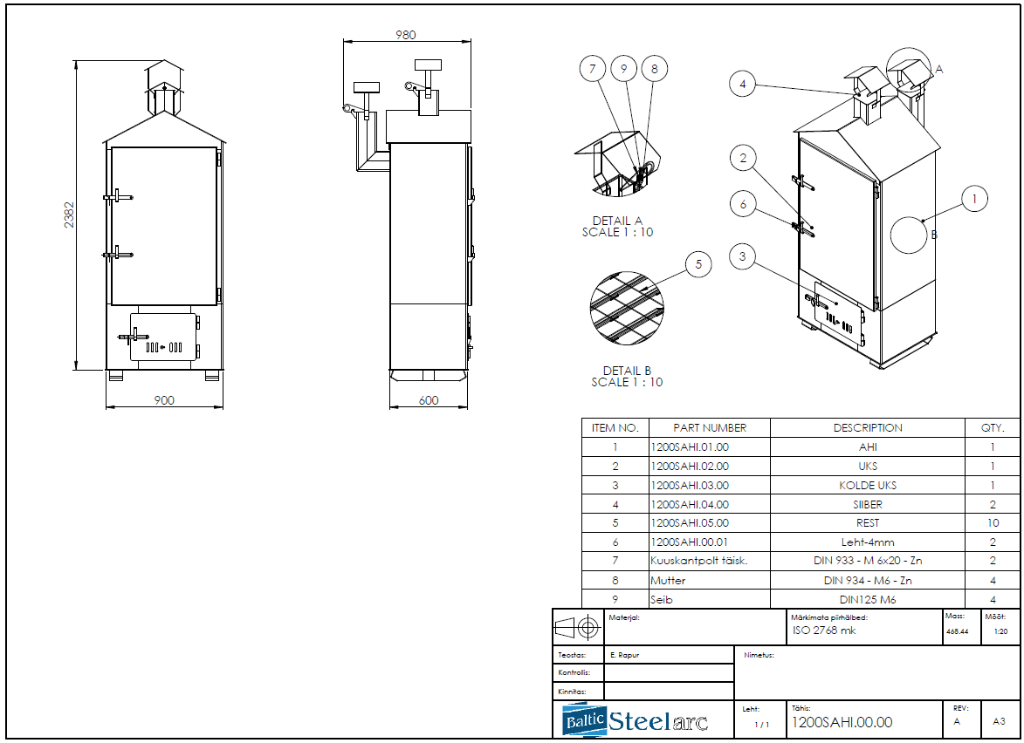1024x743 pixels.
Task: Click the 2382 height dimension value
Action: click(70, 215)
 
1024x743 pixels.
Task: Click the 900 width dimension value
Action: click(164, 400)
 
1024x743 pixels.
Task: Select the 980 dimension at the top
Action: click(406, 35)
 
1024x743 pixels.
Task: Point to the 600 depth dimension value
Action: click(429, 400)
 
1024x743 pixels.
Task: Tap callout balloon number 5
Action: click(698, 265)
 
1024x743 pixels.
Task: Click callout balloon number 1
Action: click(975, 199)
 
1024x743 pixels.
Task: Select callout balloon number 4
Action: click(743, 84)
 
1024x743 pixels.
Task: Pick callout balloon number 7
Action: click(594, 68)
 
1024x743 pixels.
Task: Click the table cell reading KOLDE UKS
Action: click(867, 485)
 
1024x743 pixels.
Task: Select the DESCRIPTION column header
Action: click(867, 428)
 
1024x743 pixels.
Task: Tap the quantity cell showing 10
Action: click(992, 523)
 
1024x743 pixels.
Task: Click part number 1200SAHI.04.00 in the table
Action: click(690, 504)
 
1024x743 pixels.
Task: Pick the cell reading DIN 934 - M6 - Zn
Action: click(867, 581)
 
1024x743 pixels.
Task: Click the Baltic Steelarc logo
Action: click(636, 721)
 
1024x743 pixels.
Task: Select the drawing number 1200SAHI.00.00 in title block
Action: click(842, 722)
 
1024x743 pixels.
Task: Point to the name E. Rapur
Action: click(624, 654)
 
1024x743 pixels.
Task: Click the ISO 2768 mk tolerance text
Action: click(824, 631)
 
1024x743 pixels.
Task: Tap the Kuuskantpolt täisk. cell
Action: click(698, 562)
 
